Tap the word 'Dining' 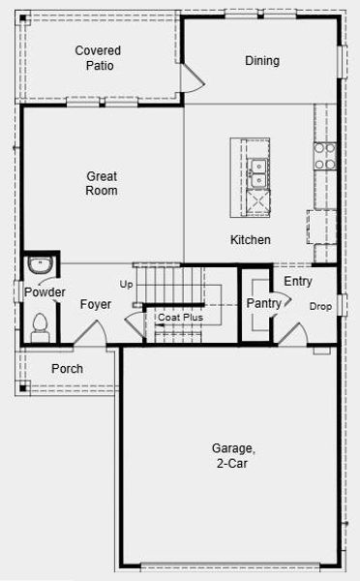coord(261,61)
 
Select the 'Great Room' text coord(102,184)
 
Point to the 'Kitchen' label coord(250,240)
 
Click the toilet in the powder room coord(40,325)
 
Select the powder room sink coord(40,265)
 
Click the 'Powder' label coord(45,292)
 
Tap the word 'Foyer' coord(95,305)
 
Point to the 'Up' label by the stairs coord(126,285)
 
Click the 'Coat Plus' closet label coord(180,317)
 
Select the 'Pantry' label coord(263,304)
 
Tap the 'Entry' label coord(297,282)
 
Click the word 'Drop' coord(319,307)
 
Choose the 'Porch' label coord(67,369)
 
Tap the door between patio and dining coord(192,78)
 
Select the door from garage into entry coord(293,336)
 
